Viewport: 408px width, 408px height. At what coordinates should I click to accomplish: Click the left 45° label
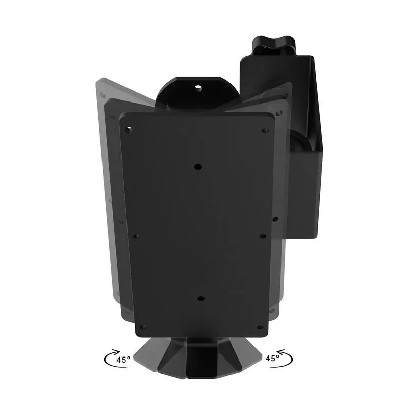(x=123, y=359)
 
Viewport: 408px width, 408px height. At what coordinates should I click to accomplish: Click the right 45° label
(x=272, y=358)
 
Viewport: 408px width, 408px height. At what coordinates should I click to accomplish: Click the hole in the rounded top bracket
(x=199, y=87)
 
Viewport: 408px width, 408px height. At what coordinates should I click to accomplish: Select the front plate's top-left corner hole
(x=128, y=130)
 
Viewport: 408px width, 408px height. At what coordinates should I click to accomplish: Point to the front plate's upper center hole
(x=197, y=166)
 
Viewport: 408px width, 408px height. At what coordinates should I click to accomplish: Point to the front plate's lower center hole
(x=200, y=299)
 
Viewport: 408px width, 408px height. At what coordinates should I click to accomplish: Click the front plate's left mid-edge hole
(x=136, y=236)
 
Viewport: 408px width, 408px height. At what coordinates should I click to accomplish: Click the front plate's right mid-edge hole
(x=262, y=236)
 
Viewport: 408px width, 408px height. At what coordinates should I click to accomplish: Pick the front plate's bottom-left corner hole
(x=143, y=327)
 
